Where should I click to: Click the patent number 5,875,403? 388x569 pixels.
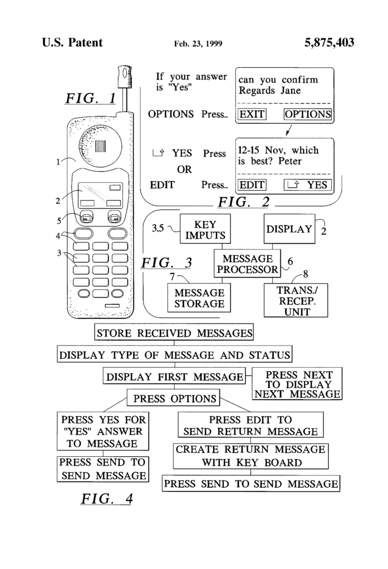329,43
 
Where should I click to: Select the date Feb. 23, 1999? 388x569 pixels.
198,44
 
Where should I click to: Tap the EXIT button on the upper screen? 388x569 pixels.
252,114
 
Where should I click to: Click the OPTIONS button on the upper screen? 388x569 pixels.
308,114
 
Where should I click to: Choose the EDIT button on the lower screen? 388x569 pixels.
252,185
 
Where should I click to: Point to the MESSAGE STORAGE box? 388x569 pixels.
199,298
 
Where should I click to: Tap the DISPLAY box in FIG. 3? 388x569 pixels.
289,229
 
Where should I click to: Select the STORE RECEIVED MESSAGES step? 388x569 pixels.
174,333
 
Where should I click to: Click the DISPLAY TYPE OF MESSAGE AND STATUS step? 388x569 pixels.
174,355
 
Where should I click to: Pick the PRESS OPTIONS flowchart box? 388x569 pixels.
174,398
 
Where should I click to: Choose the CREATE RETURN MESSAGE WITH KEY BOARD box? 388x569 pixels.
251,456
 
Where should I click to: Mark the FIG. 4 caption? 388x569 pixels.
107,498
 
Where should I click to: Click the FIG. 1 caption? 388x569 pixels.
91,99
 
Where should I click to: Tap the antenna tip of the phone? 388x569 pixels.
123,73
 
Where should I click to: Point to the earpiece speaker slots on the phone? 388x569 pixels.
100,146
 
